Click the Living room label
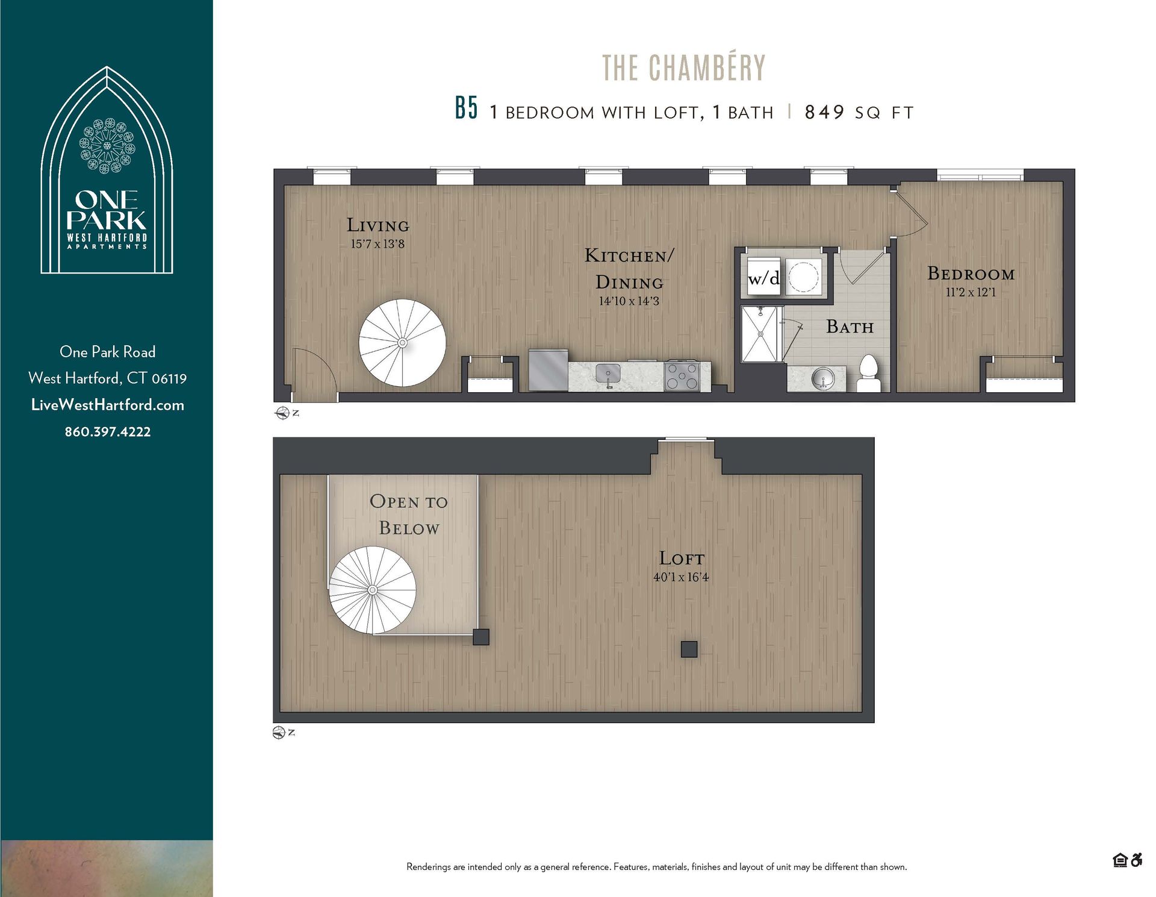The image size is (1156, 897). tap(378, 225)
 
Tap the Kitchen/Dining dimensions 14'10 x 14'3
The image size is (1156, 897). tap(629, 301)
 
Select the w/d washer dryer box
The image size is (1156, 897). tap(763, 278)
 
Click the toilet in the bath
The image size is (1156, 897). tap(868, 373)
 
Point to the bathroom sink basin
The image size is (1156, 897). tap(822, 379)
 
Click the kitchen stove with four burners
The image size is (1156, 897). tap(682, 376)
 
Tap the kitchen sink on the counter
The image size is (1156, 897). tap(608, 373)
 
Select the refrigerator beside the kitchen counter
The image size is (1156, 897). tap(548, 370)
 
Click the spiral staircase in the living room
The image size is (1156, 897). tap(402, 343)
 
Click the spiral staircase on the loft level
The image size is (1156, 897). tap(372, 590)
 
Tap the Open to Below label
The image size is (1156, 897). tap(409, 514)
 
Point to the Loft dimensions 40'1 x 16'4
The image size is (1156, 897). tap(681, 577)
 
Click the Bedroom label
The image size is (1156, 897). tap(971, 274)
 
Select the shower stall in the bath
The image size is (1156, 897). tap(761, 334)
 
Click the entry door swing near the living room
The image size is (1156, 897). tap(313, 373)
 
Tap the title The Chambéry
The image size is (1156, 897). tap(683, 67)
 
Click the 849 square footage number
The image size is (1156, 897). tap(824, 112)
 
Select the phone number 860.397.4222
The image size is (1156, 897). tap(108, 432)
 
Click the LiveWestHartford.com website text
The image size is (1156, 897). tap(108, 405)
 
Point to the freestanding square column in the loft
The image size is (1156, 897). tap(689, 649)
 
